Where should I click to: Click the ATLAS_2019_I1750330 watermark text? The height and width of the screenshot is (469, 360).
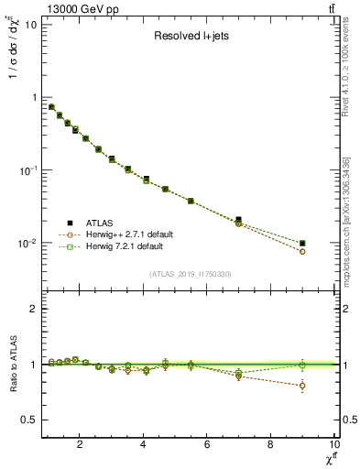(189, 273)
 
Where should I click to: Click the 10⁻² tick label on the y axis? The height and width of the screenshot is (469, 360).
(27, 244)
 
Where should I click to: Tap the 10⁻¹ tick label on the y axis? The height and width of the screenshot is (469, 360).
(27, 170)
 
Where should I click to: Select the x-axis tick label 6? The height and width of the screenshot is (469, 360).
(207, 444)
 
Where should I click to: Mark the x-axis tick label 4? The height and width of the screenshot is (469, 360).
(144, 444)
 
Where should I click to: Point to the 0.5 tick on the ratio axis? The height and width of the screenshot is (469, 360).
(28, 420)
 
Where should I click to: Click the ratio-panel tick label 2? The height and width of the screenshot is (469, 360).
(33, 309)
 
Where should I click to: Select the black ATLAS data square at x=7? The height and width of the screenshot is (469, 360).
(239, 220)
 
